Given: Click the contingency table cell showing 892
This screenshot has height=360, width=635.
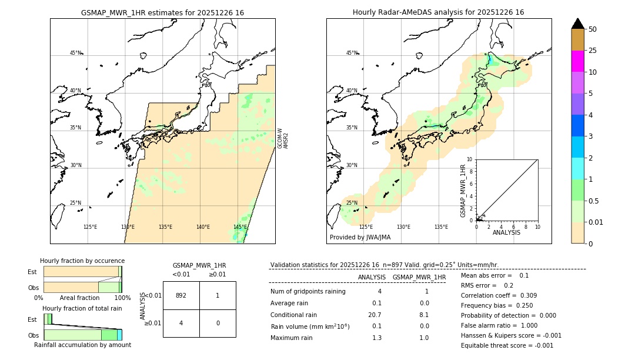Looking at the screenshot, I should (x=181, y=295).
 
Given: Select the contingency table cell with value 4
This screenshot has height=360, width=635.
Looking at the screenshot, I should (x=181, y=323).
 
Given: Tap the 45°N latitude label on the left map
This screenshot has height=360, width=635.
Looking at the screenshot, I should (x=75, y=53).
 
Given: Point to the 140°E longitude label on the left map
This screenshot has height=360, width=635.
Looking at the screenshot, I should (x=203, y=227).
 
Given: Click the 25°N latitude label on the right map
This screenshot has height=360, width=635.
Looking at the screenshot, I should (x=352, y=203).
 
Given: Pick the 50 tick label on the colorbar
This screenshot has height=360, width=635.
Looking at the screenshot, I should (x=593, y=29).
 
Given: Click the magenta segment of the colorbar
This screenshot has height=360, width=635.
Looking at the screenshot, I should (x=577, y=61).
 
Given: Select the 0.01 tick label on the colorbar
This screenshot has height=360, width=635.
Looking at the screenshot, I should (x=597, y=222).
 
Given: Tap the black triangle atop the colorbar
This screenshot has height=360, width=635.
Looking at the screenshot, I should (x=577, y=24).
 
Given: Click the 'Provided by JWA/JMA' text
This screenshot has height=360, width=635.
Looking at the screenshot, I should (x=360, y=237).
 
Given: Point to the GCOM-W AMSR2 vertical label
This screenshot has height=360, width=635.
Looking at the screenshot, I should (x=283, y=138).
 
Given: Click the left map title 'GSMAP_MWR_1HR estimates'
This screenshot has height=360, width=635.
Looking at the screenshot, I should (x=162, y=12).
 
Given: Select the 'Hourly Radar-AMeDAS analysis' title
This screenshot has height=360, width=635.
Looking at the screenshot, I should (x=438, y=12).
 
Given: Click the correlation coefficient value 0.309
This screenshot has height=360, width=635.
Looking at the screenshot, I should (x=524, y=295).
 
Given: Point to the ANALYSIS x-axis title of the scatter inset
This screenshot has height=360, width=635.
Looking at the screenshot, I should (x=506, y=232).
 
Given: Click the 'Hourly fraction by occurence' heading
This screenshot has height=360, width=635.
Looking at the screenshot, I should (x=82, y=261).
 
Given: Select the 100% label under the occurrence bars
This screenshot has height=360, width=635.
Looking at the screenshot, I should (x=122, y=298).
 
